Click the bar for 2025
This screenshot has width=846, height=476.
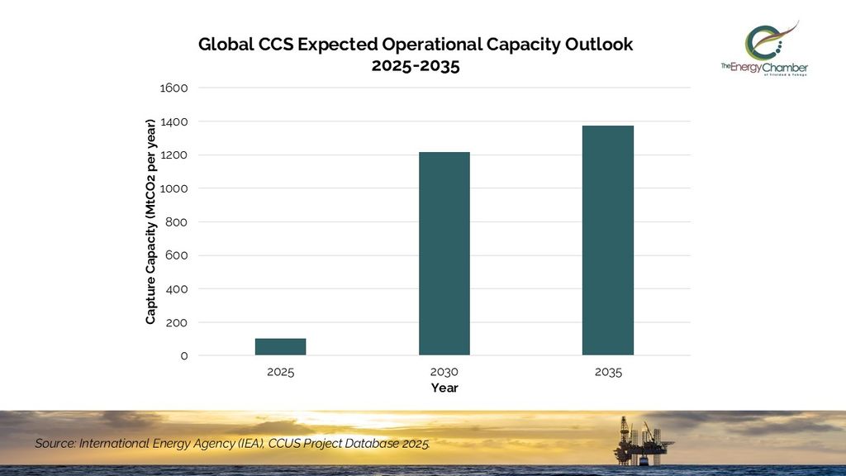(280, 347)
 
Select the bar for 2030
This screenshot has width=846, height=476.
(444, 254)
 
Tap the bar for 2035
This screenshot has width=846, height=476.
(608, 240)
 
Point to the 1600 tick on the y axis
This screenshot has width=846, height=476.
(176, 88)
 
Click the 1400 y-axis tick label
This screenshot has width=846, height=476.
(176, 121)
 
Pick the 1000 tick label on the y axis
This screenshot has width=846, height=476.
(176, 188)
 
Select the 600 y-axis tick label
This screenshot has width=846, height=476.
(178, 255)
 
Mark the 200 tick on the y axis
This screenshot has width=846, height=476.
(178, 322)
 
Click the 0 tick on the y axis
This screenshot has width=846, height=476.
(184, 356)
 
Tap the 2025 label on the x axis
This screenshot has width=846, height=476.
(280, 372)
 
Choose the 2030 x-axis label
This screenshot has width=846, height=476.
(444, 372)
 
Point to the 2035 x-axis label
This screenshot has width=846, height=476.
(608, 372)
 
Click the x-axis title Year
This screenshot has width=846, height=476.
(444, 388)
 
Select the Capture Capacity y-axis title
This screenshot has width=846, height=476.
(150, 221)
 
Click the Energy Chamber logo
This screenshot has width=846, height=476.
(764, 50)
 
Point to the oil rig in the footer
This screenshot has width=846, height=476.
(639, 440)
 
